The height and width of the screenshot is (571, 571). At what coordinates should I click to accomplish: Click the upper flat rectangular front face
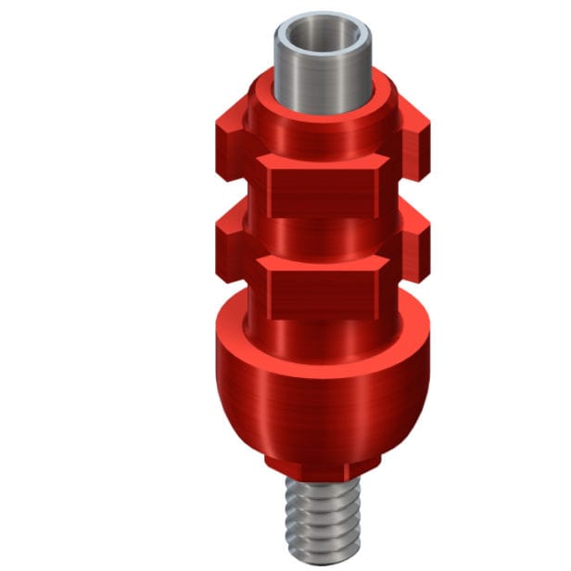pos(321,193)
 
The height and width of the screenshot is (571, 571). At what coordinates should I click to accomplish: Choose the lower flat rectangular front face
pos(321,295)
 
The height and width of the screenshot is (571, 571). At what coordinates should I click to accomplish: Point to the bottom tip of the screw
pos(321,556)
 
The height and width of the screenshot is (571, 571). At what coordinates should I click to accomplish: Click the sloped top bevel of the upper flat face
pos(321,162)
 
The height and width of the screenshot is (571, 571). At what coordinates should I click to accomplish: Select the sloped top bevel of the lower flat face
pos(321,265)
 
